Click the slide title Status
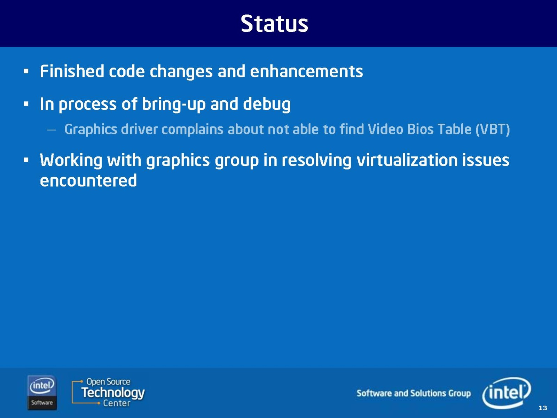(x=274, y=23)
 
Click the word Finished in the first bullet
(x=72, y=71)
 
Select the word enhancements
(x=307, y=71)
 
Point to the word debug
(x=267, y=104)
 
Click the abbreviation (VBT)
(x=493, y=130)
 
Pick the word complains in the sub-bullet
(x=193, y=130)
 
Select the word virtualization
(x=407, y=160)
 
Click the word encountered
(x=88, y=181)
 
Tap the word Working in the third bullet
(x=71, y=160)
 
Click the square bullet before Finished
(x=26, y=71)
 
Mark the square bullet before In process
(x=26, y=104)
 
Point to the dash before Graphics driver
(x=51, y=130)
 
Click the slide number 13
(x=543, y=408)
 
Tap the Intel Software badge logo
(x=42, y=393)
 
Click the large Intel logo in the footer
(x=507, y=393)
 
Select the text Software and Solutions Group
(x=414, y=393)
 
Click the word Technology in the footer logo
(x=113, y=393)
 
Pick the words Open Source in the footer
(x=108, y=382)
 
